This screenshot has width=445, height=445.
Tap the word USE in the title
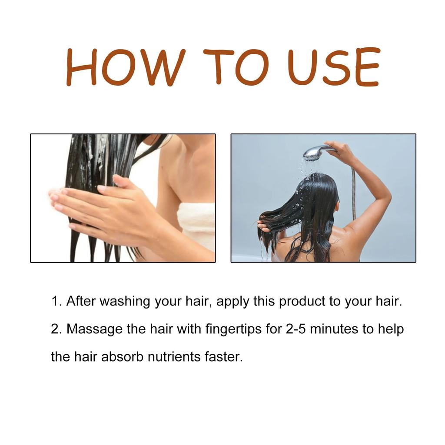point(334,67)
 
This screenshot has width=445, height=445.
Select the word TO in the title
point(236,67)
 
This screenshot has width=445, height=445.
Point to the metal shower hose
point(354,196)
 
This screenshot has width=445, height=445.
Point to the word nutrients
point(175,357)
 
